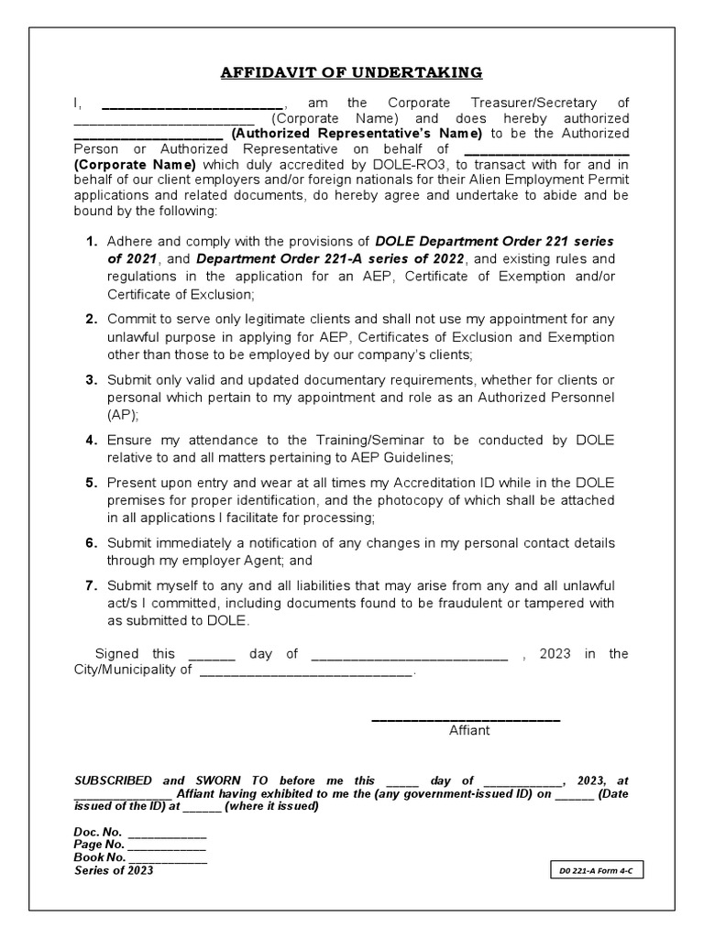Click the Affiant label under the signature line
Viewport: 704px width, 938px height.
click(469, 730)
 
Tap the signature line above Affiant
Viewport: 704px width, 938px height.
click(466, 718)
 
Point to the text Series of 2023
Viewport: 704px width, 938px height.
click(114, 870)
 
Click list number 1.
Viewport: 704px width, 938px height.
click(92, 242)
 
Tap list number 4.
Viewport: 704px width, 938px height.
click(92, 441)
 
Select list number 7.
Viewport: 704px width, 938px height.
click(92, 585)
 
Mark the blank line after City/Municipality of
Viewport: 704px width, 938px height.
click(306, 672)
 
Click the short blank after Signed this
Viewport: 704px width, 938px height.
click(212, 657)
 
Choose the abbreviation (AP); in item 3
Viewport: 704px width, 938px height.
click(124, 414)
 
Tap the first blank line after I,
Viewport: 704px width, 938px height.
click(192, 105)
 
